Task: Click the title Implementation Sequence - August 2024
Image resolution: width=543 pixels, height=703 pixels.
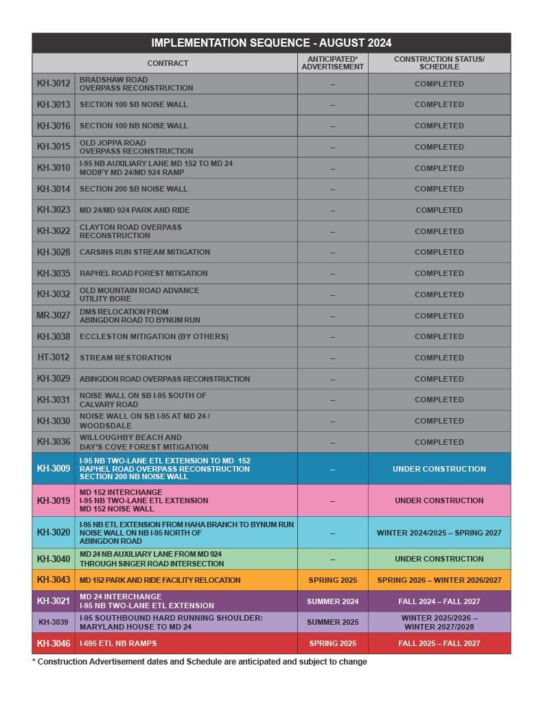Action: tap(271, 43)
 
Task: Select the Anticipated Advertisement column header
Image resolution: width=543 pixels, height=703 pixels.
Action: tap(332, 63)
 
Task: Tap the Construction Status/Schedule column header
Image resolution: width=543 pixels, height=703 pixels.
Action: tap(439, 63)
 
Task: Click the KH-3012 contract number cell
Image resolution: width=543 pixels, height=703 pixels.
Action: tap(54, 84)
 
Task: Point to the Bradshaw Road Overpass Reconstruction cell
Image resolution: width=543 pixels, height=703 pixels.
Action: tap(136, 84)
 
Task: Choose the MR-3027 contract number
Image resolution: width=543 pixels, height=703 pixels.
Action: tap(54, 316)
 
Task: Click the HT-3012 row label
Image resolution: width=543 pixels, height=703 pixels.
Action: tap(54, 358)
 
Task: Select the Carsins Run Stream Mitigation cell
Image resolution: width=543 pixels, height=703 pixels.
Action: tap(144, 252)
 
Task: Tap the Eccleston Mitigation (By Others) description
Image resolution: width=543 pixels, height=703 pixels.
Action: tap(154, 336)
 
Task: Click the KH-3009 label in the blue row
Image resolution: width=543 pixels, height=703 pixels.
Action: tap(54, 469)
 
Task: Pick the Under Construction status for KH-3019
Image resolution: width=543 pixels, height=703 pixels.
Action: tap(439, 500)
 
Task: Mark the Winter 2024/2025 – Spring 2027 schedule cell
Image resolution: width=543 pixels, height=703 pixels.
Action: tap(439, 532)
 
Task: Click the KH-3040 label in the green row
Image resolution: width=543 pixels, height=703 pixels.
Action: tap(54, 559)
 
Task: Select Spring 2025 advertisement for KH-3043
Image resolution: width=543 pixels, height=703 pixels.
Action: tap(332, 580)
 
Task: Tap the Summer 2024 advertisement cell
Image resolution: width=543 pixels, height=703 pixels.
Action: tap(332, 601)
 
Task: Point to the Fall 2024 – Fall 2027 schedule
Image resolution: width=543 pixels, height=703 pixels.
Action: tap(439, 601)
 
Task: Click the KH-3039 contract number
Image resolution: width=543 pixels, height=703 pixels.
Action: tap(54, 622)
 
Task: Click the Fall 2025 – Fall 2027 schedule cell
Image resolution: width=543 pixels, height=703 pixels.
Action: tap(439, 643)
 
